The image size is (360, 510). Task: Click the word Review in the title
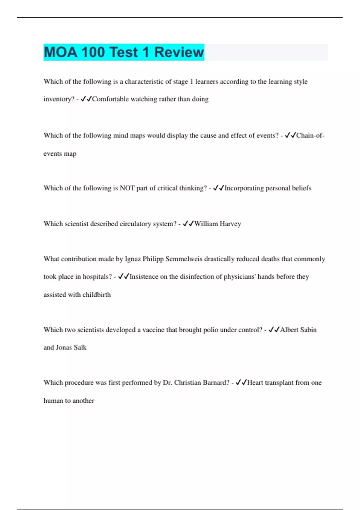tap(179, 52)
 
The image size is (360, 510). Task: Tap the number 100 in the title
tap(92, 52)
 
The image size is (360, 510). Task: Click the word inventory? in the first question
tap(59, 99)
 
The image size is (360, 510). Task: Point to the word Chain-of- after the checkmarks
tap(310, 136)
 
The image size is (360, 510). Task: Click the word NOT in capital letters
tap(127, 188)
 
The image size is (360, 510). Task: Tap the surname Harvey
tap(230, 224)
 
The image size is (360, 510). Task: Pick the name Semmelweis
tap(184, 259)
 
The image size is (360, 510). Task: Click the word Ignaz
tap(133, 259)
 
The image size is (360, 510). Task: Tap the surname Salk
tap(80, 347)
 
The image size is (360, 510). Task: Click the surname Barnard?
tap(216, 382)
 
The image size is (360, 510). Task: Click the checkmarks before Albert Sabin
tap(274, 330)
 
